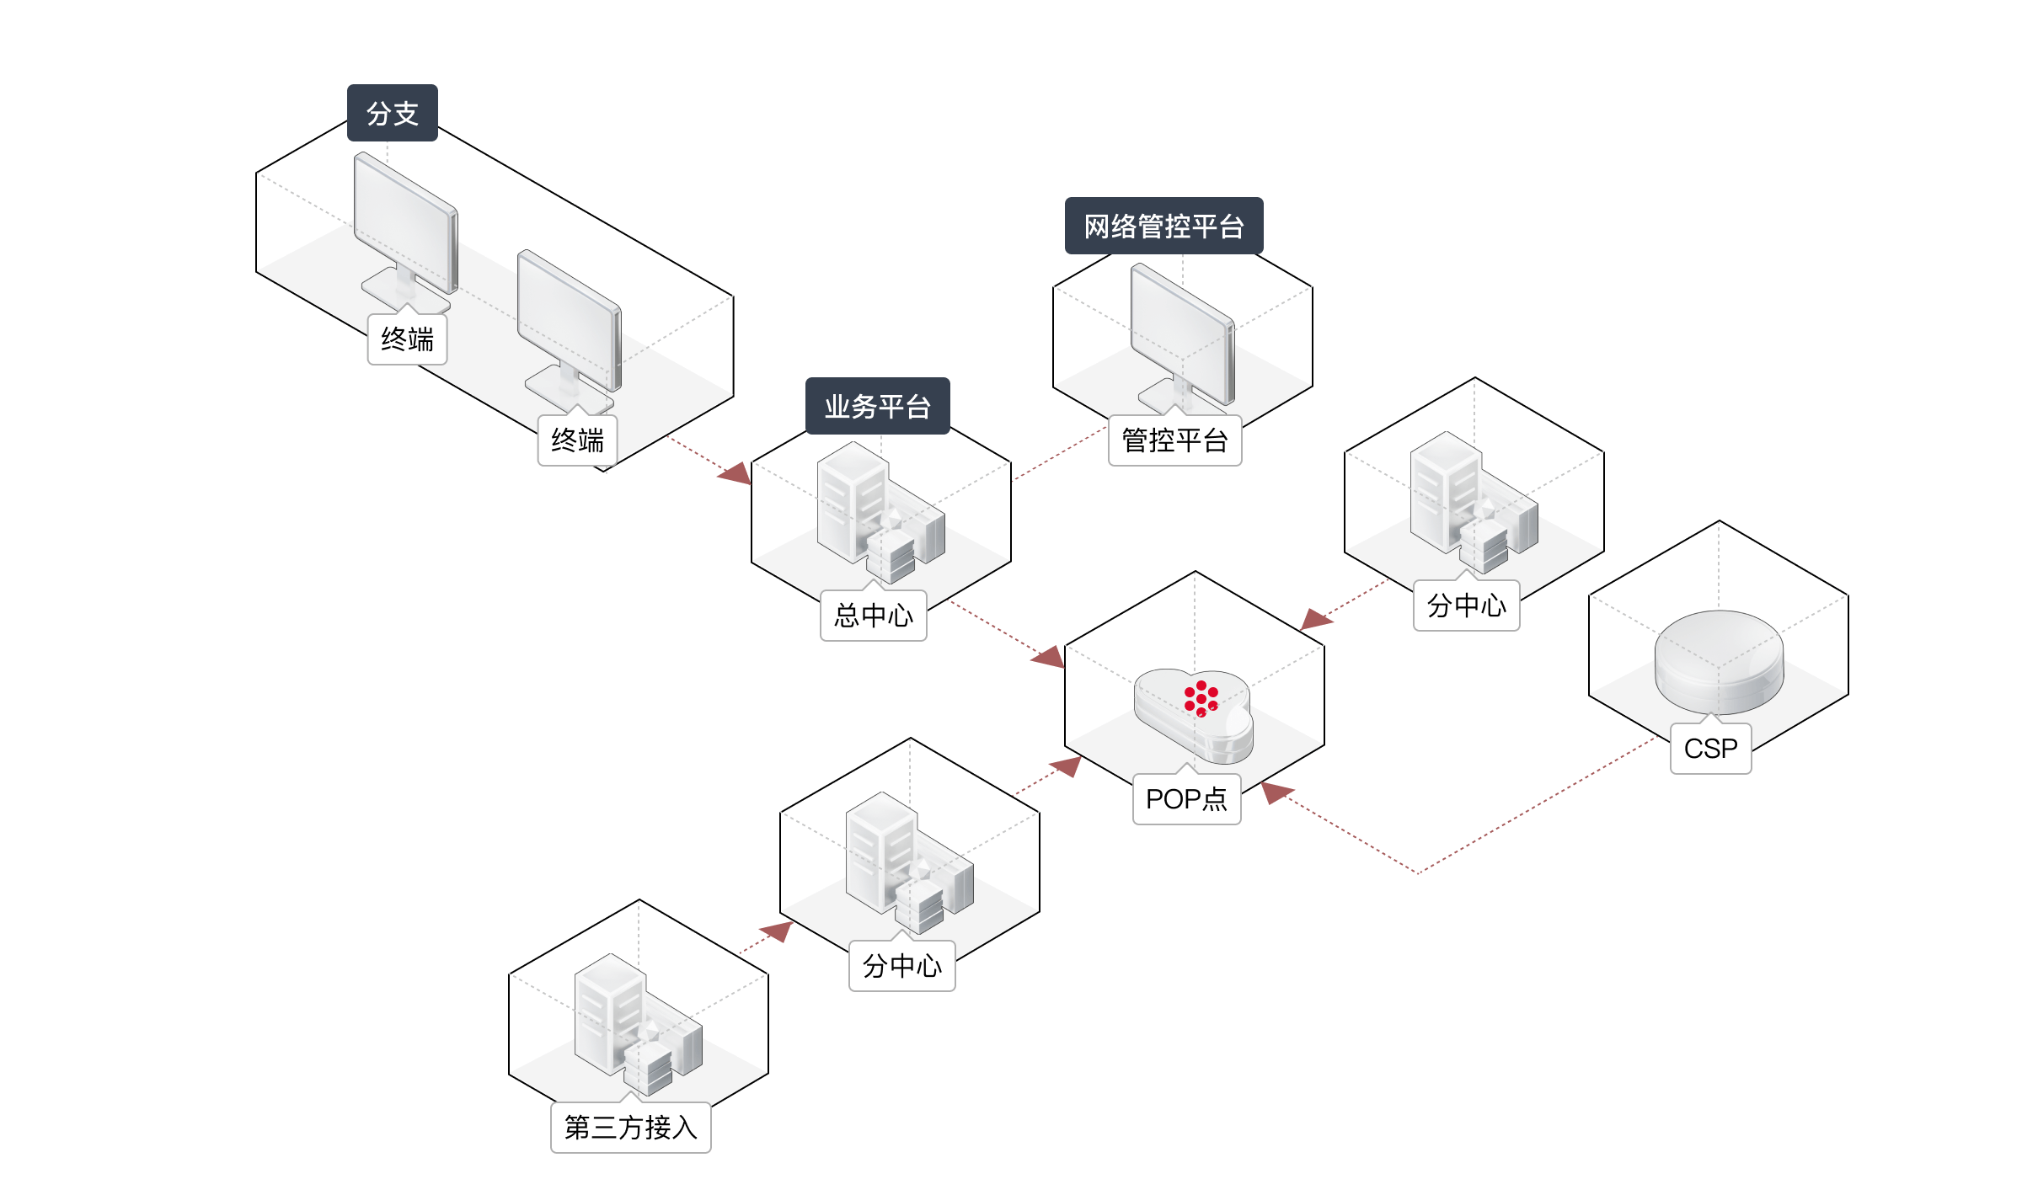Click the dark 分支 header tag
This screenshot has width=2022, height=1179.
point(393,113)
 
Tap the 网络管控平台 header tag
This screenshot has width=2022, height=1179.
point(1163,226)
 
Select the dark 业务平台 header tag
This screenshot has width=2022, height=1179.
point(877,406)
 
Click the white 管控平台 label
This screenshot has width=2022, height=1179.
point(1174,440)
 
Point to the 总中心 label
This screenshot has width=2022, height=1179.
point(873,616)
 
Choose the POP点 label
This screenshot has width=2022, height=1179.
point(1186,798)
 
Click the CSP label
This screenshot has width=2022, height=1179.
point(1710,749)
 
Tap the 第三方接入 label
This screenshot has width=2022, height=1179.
point(630,1128)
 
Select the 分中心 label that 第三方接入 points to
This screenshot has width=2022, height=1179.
point(901,966)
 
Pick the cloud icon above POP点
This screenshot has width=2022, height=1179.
point(1194,716)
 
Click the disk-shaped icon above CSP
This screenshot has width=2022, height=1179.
point(1719,661)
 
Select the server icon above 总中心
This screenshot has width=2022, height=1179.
point(880,514)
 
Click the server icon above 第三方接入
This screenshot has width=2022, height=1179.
point(637,1023)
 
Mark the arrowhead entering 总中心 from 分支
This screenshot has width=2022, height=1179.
point(735,472)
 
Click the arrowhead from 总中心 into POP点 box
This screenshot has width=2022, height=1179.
point(1049,656)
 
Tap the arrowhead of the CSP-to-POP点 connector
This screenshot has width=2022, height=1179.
point(1276,792)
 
